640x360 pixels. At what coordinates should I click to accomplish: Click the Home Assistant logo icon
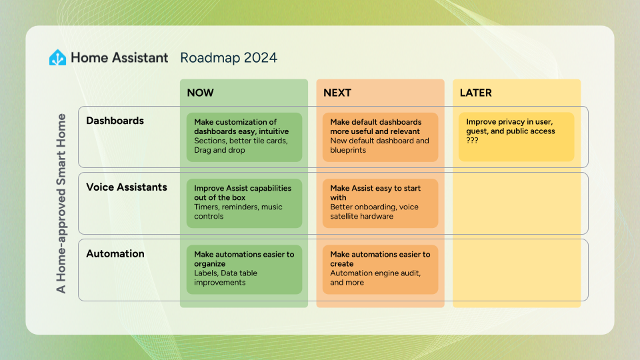tap(58, 58)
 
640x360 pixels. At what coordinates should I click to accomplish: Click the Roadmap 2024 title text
tap(229, 58)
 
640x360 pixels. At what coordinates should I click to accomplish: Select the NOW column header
tap(201, 93)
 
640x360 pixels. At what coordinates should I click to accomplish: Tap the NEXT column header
tap(337, 93)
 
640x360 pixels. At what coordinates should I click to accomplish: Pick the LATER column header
tap(476, 93)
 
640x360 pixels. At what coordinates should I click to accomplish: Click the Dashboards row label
tap(115, 121)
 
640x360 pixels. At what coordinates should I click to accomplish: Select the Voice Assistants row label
tap(127, 187)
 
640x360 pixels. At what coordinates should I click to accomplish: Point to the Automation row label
tap(115, 254)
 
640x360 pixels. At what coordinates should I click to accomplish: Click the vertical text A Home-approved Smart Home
tap(61, 203)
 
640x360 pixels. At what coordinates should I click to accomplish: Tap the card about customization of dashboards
tap(244, 137)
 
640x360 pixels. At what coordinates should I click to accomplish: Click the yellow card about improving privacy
tap(516, 137)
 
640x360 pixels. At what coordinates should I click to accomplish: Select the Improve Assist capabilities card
tap(244, 203)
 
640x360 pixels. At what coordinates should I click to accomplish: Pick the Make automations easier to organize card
tap(244, 269)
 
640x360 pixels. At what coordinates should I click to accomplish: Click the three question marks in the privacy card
tap(473, 141)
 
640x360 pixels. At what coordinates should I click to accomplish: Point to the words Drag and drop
tap(219, 151)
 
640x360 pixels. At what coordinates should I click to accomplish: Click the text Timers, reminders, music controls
tap(238, 212)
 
